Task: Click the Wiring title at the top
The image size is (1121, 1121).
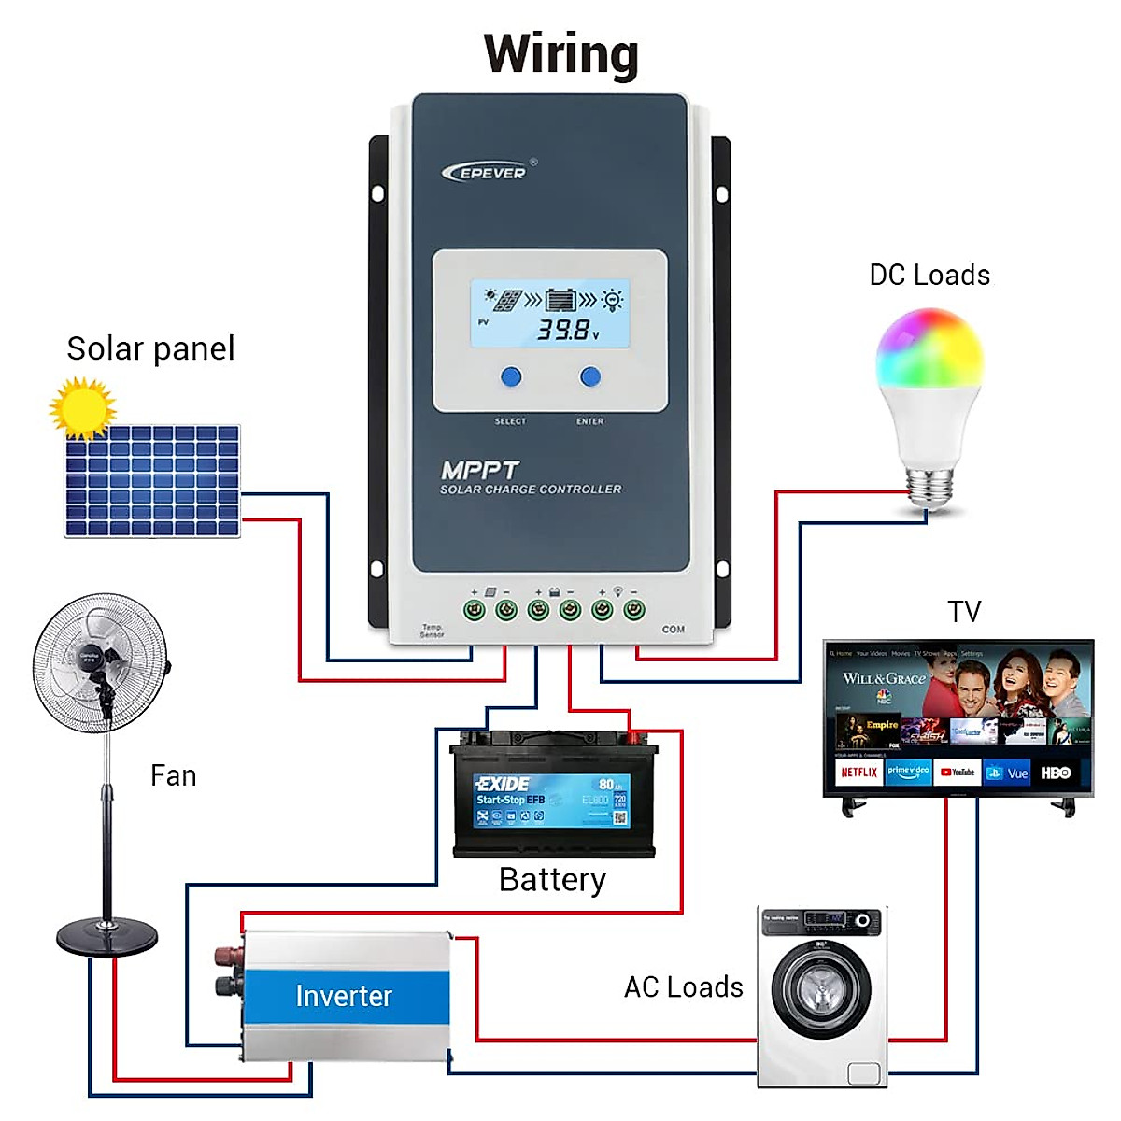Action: pyautogui.click(x=561, y=54)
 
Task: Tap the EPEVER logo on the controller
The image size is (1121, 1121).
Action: pyautogui.click(x=486, y=173)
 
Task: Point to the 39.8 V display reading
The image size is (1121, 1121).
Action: pyautogui.click(x=564, y=330)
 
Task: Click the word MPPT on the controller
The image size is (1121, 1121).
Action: pyautogui.click(x=479, y=470)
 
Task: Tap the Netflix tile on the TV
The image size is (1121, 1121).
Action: pyautogui.click(x=858, y=773)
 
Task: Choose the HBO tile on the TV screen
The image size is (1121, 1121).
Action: pyautogui.click(x=1056, y=773)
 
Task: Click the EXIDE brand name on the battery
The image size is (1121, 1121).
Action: pyautogui.click(x=503, y=784)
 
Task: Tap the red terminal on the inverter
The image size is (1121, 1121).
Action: pyautogui.click(x=226, y=956)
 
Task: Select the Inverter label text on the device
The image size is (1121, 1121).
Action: pyautogui.click(x=344, y=997)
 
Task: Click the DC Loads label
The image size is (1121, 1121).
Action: pyautogui.click(x=929, y=275)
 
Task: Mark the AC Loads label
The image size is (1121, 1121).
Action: pyautogui.click(x=683, y=987)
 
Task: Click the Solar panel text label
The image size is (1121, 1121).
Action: pyautogui.click(x=150, y=348)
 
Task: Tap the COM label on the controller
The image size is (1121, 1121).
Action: pyautogui.click(x=673, y=630)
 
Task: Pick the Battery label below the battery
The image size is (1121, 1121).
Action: pyautogui.click(x=552, y=880)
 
